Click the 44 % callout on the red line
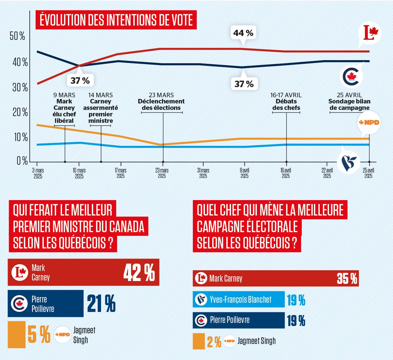[x=243, y=33]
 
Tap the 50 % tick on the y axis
[x=17, y=36]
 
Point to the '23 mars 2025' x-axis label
[x=162, y=173]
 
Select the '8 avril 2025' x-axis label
[x=244, y=173]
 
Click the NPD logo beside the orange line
[x=369, y=123]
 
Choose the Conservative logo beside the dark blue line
[x=351, y=76]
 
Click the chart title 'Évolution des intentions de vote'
[x=116, y=20]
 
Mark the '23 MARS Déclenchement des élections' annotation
[x=161, y=101]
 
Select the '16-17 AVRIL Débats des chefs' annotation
[x=286, y=101]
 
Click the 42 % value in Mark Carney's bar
[x=139, y=273]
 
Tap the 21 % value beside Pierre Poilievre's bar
[x=101, y=304]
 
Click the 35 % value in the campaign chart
[x=347, y=279]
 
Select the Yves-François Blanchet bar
[x=239, y=300]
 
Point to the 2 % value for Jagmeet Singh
[x=214, y=342]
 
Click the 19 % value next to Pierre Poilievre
[x=296, y=320]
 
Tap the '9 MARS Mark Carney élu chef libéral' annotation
[x=64, y=108]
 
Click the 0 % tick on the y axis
[x=22, y=161]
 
